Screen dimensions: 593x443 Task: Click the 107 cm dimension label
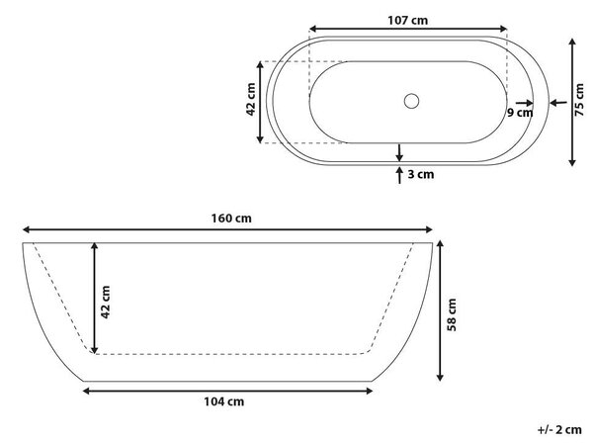click(407, 20)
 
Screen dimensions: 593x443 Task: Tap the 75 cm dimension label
click(578, 100)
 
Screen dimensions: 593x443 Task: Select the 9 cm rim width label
click(520, 113)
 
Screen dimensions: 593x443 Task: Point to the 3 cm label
click(421, 174)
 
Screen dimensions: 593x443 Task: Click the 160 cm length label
click(231, 219)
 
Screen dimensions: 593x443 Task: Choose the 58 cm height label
click(452, 314)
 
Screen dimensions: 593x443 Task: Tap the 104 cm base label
click(224, 401)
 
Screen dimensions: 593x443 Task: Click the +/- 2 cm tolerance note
click(559, 430)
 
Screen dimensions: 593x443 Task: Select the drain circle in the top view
click(411, 101)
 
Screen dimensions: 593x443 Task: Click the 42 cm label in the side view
click(106, 302)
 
